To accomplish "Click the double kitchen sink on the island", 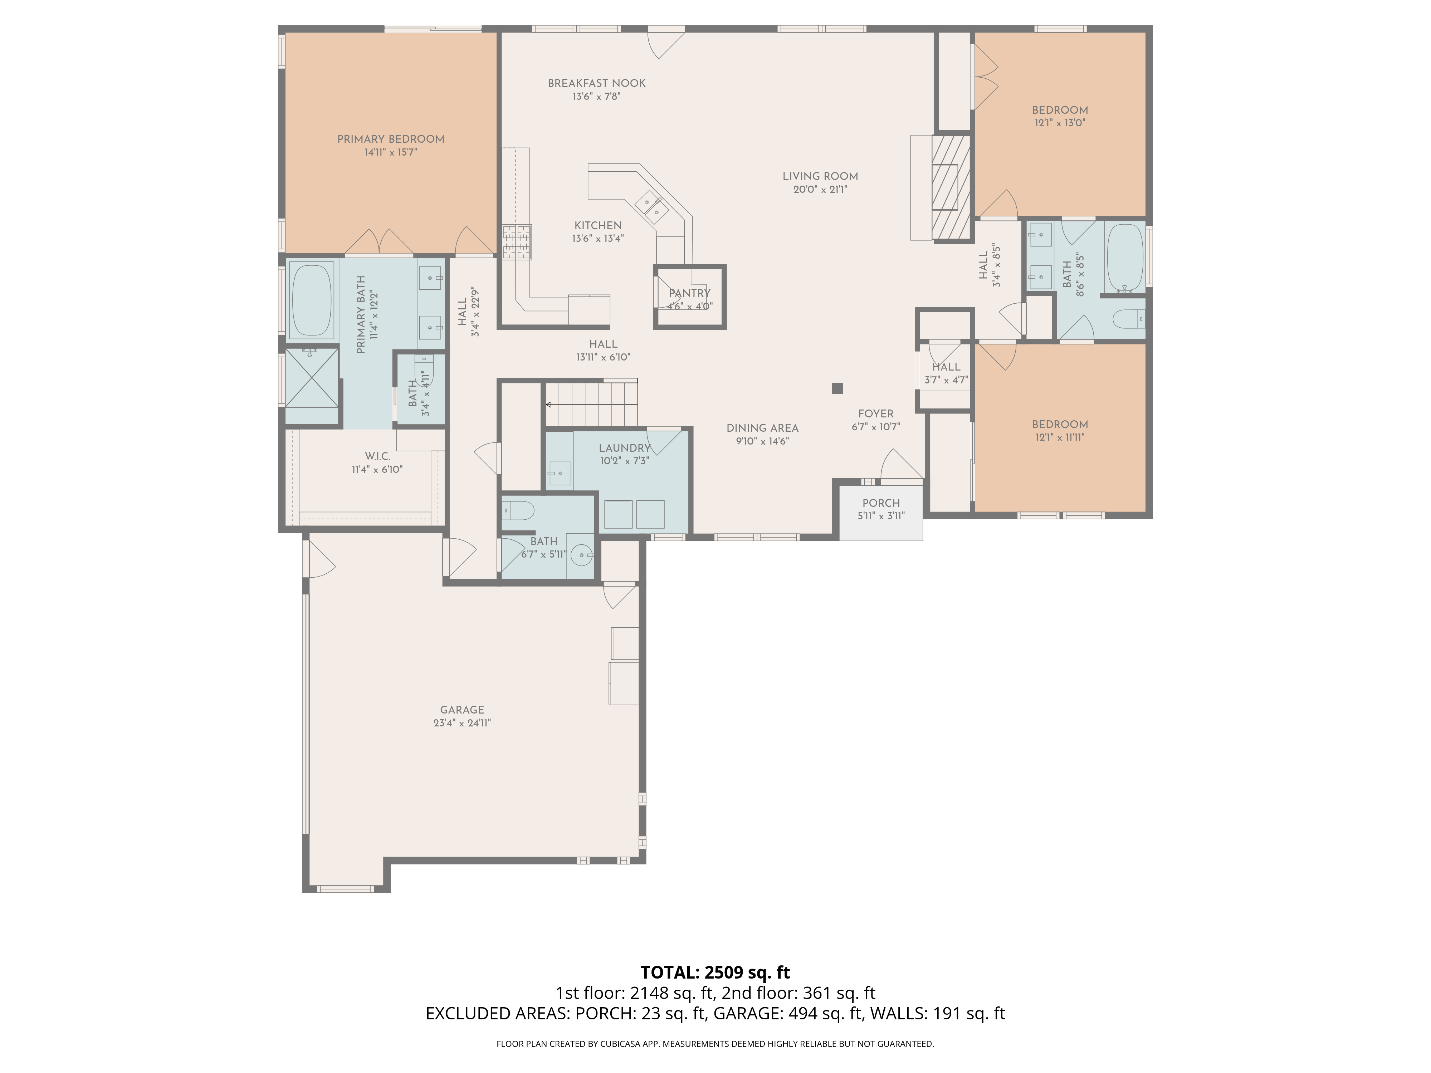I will [651, 207].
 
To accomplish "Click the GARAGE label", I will [462, 710].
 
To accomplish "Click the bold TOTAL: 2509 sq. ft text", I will [715, 972].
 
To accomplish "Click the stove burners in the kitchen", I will [517, 242].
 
